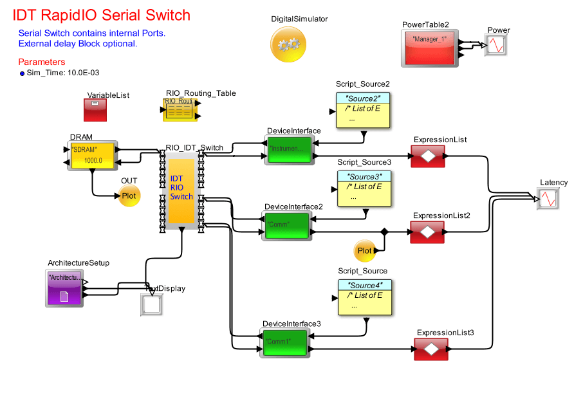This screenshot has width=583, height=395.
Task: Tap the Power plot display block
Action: [495, 44]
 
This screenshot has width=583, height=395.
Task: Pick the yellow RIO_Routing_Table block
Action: [179, 110]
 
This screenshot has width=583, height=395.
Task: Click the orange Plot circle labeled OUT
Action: [129, 196]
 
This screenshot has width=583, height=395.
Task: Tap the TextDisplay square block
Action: [152, 304]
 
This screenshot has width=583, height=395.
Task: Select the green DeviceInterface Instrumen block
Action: [288, 151]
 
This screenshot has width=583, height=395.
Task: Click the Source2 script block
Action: [364, 110]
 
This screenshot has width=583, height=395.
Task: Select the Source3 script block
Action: [364, 188]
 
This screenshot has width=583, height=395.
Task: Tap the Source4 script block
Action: [364, 297]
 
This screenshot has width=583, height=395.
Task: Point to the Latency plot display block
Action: [548, 198]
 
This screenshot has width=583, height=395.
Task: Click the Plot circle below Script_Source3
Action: [364, 250]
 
